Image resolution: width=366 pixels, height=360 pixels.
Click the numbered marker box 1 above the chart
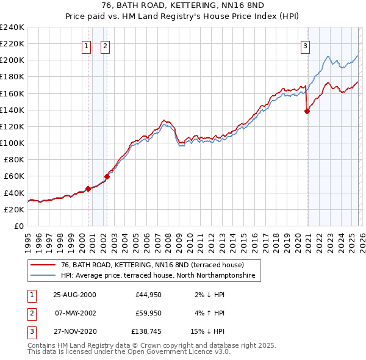click(86, 45)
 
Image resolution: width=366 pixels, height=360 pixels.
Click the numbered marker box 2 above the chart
click(105, 45)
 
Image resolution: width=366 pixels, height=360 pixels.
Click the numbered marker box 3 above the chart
click(305, 45)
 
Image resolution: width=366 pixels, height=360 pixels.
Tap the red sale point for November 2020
click(307, 111)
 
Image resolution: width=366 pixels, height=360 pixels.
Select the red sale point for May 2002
click(107, 176)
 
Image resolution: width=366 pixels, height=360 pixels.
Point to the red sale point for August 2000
click(88, 189)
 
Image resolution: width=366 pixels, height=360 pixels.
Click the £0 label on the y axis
click(19, 226)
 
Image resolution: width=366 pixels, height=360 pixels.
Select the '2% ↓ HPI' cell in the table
click(209, 294)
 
